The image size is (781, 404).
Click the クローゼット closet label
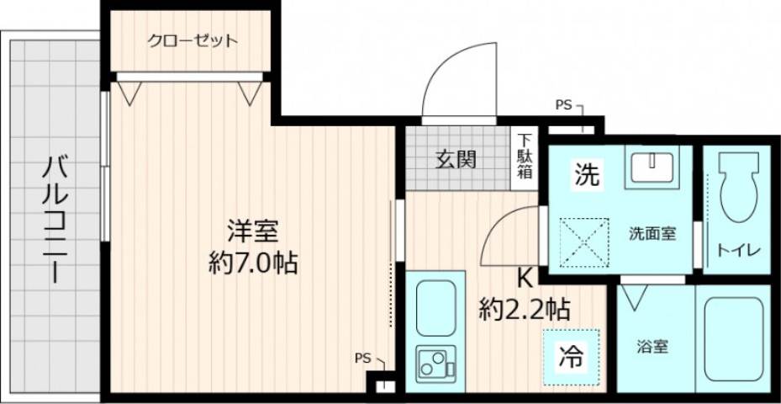pos(193,40)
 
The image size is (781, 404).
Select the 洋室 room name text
pos(251,229)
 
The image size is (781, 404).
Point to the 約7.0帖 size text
pos(252,263)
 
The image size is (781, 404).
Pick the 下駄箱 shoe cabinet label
pos(525,157)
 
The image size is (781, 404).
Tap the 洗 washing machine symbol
pos(587,174)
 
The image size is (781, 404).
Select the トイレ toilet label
pos(738,250)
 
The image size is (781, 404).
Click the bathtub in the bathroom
pos(734,338)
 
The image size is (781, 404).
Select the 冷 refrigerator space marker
pos(571,356)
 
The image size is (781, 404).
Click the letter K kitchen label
pos(523,277)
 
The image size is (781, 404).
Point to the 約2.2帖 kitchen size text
pos(525,309)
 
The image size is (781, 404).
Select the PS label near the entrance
pos(563,105)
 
